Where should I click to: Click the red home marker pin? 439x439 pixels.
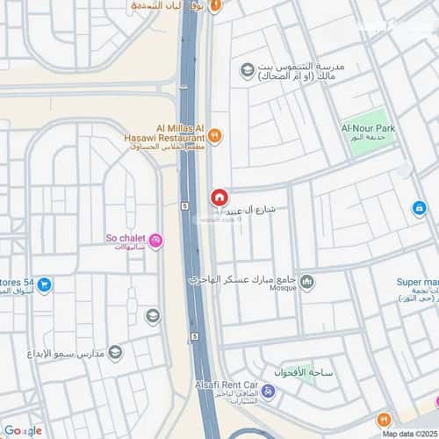point(218,198)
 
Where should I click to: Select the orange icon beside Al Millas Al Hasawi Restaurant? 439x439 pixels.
point(215,136)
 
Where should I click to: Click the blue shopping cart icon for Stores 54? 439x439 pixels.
point(43,285)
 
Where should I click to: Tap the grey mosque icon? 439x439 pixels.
point(306,282)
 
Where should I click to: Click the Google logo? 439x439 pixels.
point(22,429)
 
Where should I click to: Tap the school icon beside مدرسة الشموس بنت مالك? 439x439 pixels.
point(247,68)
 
